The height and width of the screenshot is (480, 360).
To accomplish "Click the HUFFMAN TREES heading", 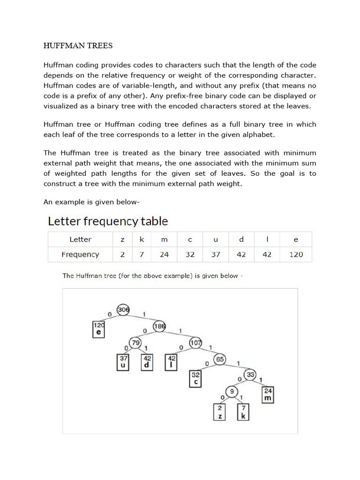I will [x=78, y=46].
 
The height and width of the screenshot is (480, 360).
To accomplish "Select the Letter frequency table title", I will [x=108, y=221].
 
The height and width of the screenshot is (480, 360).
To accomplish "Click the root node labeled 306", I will [x=123, y=310].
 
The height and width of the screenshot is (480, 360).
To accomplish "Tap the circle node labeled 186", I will [x=159, y=327].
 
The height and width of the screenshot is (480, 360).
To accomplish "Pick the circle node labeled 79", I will [x=136, y=343].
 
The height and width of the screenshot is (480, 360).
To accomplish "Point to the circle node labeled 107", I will [x=195, y=343].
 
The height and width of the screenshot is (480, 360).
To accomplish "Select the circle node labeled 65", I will [x=219, y=359].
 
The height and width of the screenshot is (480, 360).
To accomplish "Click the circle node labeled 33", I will [x=251, y=375].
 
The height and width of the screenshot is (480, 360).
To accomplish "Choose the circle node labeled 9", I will [x=231, y=391].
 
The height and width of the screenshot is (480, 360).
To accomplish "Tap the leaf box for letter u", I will [x=124, y=362].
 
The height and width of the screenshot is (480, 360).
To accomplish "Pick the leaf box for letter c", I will [x=196, y=378].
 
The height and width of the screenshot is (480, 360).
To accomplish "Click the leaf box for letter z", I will [x=220, y=412].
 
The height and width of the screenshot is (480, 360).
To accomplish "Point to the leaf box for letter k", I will [x=243, y=412].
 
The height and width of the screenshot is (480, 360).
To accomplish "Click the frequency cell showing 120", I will [x=296, y=255].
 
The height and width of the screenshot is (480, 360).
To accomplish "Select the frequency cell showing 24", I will [x=164, y=255].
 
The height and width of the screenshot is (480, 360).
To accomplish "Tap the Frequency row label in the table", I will [x=80, y=255].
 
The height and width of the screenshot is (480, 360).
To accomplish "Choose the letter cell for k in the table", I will [x=142, y=240].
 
